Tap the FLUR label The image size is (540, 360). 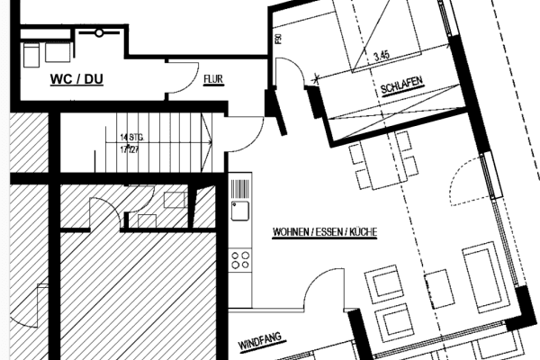coord(213,79)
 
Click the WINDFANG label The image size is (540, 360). coord(261,343)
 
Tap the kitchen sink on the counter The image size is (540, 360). coord(240,212)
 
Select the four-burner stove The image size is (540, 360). coord(240,261)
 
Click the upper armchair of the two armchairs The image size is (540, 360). coord(382,283)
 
